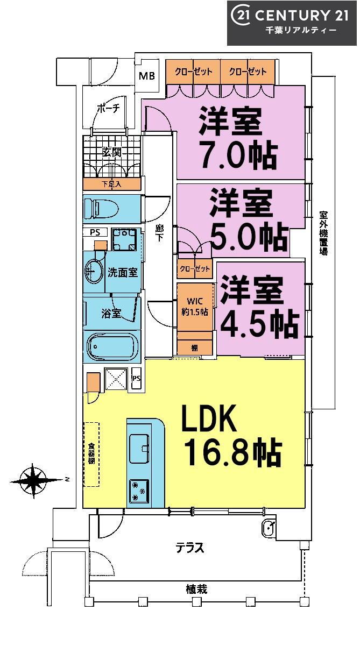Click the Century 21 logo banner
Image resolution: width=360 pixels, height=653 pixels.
(x=292, y=23)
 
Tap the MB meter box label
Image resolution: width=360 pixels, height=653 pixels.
(x=147, y=76)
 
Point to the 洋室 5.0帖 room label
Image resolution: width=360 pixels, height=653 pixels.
(x=249, y=220)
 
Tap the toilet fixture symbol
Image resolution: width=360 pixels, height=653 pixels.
(x=101, y=209)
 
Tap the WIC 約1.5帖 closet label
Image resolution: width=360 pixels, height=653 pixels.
(x=195, y=306)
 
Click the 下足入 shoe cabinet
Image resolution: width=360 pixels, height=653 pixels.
(x=112, y=184)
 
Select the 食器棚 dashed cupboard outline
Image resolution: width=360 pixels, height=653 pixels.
(x=91, y=454)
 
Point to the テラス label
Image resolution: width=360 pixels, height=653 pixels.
(x=189, y=548)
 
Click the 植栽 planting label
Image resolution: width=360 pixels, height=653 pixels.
(x=196, y=590)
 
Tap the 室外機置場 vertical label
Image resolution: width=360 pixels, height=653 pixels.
(x=323, y=233)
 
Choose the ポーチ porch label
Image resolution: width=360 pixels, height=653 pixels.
(x=108, y=109)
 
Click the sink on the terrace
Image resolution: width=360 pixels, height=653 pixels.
(x=269, y=527)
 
